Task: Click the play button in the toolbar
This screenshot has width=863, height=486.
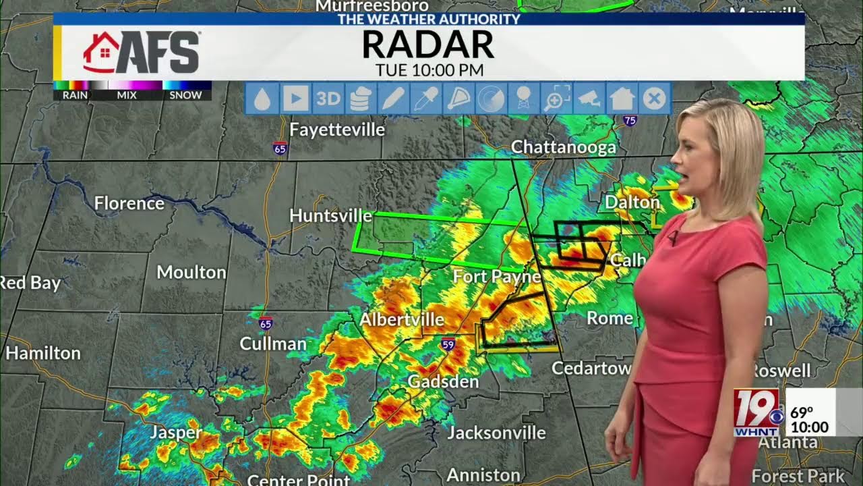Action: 295,99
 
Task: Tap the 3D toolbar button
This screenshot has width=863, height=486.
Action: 328,99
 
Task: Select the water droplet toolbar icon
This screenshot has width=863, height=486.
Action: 263,99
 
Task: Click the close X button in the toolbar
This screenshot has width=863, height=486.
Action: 653,99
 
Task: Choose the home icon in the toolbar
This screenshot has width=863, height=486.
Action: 622,99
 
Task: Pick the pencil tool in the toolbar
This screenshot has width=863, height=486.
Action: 392,99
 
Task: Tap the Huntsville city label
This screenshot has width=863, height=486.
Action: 330,215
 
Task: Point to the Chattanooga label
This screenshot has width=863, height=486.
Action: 563,147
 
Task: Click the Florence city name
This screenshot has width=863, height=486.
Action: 129,203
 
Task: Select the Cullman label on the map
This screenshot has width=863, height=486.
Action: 273,344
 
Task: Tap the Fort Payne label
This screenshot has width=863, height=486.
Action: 497,276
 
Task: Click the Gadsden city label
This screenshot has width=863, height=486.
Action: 443,381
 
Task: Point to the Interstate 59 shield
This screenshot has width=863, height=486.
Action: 448,344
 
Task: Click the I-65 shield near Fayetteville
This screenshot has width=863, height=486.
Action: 280,147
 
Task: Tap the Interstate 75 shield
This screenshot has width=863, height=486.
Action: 629,121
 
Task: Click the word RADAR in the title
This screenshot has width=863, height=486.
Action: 428,45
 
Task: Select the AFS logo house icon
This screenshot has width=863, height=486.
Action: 100,52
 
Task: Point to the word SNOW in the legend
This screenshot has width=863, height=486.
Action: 185,95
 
